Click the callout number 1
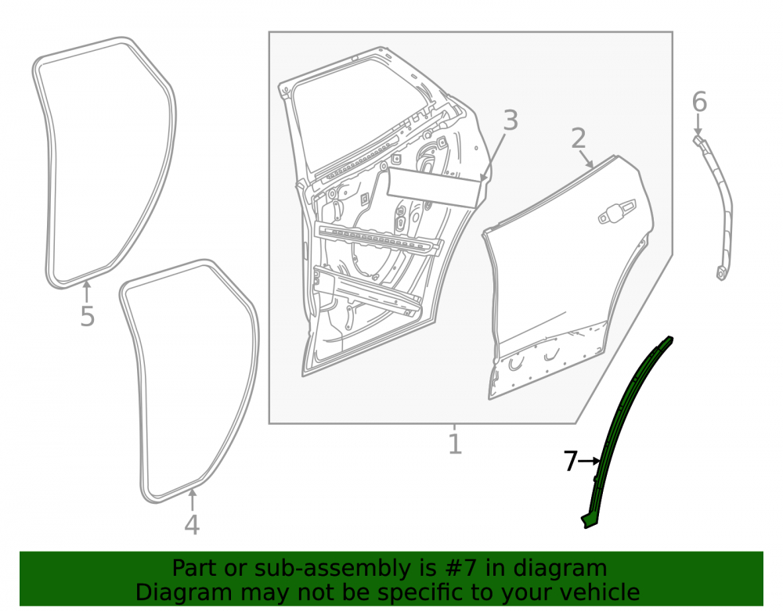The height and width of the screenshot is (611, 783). (x=454, y=444)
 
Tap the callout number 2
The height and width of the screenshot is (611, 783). (x=579, y=138)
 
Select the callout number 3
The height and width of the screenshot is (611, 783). (x=511, y=120)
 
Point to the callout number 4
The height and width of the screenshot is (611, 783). (x=193, y=524)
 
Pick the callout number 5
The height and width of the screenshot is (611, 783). (x=88, y=316)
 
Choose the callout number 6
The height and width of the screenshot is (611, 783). (x=699, y=102)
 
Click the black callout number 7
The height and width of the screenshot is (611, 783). (x=571, y=462)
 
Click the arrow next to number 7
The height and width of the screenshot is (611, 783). (x=590, y=462)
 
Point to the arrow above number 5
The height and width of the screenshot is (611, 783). (x=87, y=292)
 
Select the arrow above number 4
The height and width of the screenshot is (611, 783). (x=193, y=500)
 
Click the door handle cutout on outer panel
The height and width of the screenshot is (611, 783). (x=618, y=211)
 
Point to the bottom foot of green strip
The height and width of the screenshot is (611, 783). (x=590, y=520)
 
